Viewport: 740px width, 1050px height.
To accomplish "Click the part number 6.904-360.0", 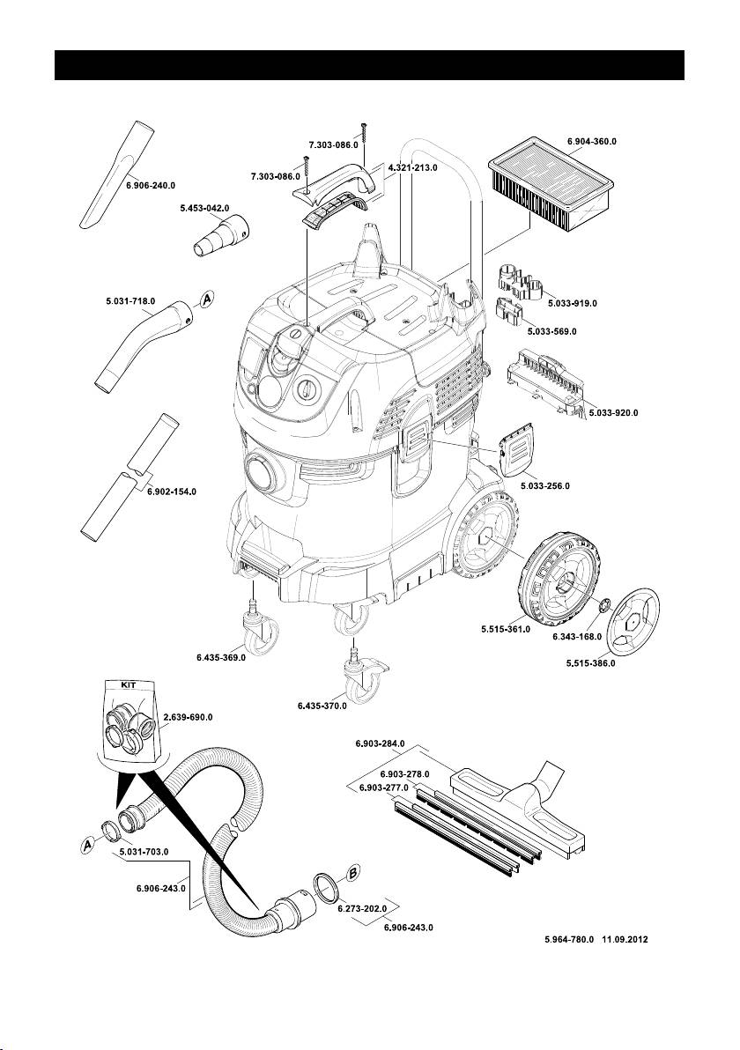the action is coord(591,141).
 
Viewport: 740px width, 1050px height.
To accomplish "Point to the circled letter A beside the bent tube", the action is coord(207,299).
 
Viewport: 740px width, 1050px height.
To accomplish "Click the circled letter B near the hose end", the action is coord(353,873).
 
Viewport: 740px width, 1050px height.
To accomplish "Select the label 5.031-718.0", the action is coord(129,301).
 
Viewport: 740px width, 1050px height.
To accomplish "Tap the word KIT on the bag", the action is coord(128,685).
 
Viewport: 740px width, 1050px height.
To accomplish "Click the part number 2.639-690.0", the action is coord(189,717).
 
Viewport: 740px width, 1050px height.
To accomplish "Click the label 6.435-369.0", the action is coord(221,658).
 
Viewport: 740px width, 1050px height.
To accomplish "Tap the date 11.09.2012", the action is coord(625,940).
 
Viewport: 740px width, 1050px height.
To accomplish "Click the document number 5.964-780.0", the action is coord(569,940).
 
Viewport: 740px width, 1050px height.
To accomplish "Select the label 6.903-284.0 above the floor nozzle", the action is coord(380,743).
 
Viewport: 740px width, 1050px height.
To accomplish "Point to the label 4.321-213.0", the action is coord(412,167).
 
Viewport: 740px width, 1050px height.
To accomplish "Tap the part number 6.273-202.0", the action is coord(362,909).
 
